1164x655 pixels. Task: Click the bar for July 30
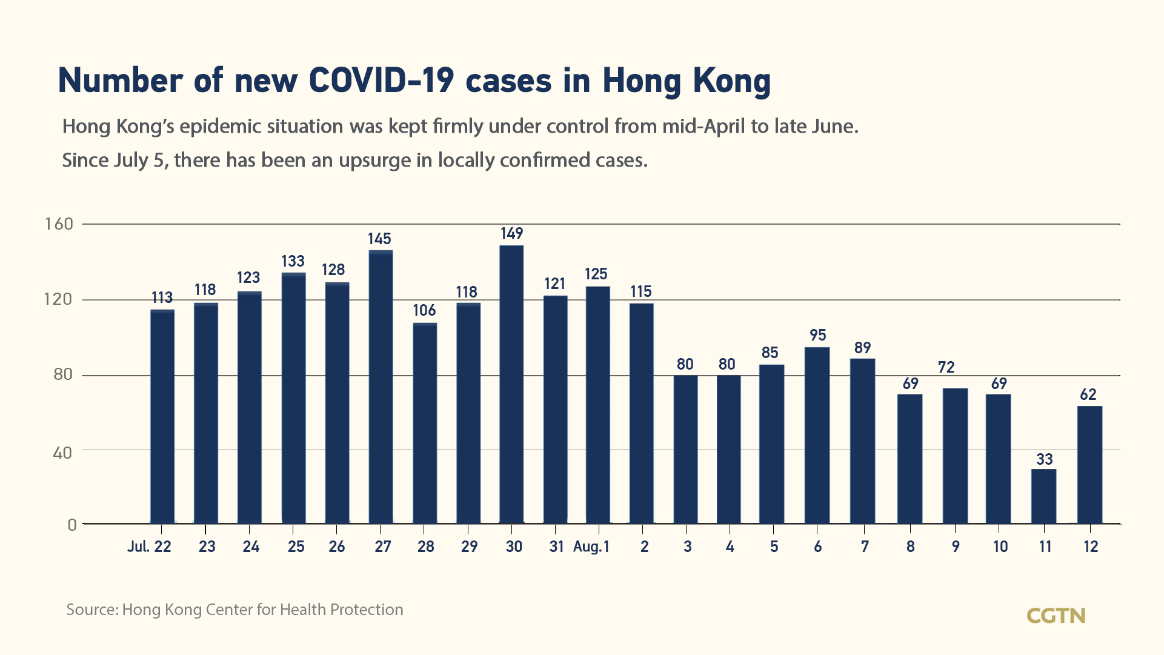tap(511, 384)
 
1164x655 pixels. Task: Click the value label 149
tap(511, 233)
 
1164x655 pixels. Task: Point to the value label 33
tap(1044, 459)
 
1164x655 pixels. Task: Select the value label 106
tap(424, 310)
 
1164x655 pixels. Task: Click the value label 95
tap(817, 335)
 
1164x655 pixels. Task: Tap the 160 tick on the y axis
tap(59, 224)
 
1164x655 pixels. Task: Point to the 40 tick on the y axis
tap(62, 453)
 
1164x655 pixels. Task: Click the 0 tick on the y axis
tap(72, 525)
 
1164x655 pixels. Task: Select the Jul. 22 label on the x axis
tap(149, 547)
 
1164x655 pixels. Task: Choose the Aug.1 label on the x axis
tap(591, 547)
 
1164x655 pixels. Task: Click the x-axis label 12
tap(1090, 547)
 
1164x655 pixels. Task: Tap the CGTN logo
tap(1056, 616)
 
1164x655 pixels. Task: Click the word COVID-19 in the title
tap(381, 81)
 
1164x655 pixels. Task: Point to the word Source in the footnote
tap(91, 610)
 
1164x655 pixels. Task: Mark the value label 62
tap(1088, 394)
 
